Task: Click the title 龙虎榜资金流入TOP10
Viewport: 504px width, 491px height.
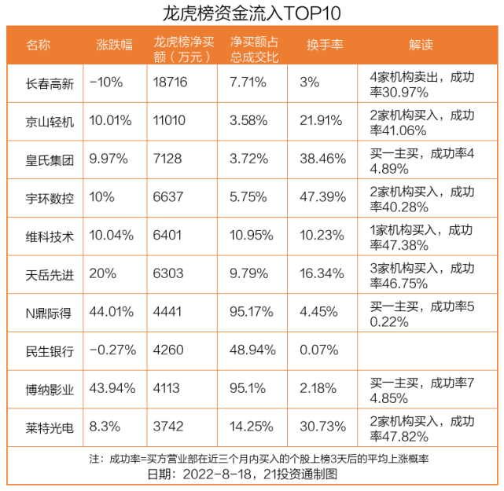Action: (252, 13)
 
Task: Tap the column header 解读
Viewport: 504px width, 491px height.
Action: (421, 46)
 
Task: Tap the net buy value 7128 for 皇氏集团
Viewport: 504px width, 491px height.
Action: (167, 160)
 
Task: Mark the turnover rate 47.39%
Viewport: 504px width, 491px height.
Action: (322, 199)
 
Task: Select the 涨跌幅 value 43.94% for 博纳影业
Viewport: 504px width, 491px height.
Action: (112, 390)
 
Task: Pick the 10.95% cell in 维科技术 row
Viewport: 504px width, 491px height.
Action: (250, 236)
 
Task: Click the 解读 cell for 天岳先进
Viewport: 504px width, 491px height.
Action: (421, 275)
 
